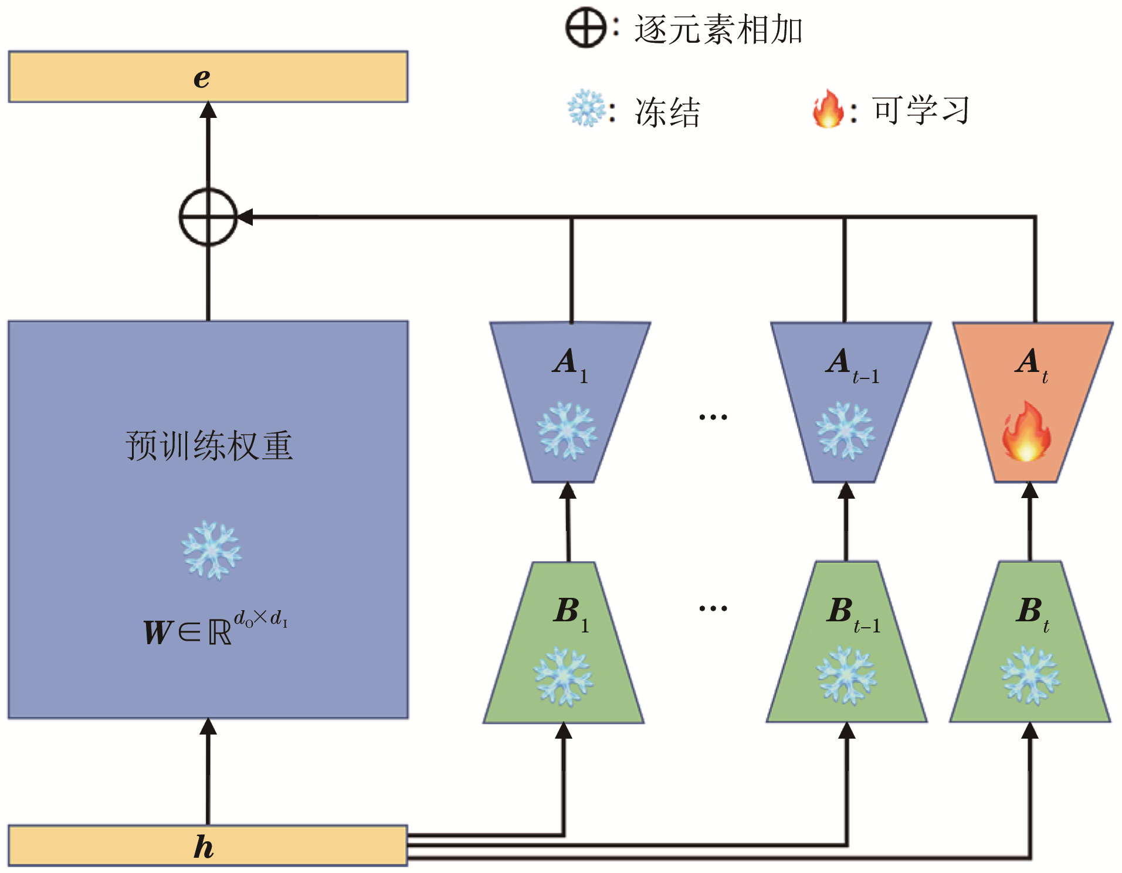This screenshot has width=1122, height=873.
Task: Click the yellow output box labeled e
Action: pos(208,77)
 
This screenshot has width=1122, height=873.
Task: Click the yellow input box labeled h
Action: pos(208,845)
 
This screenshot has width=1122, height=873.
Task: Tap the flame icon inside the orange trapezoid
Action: pos(1026,431)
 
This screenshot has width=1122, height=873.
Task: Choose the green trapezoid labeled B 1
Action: pos(564,645)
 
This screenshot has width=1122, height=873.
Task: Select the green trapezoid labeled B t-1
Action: pos(846,645)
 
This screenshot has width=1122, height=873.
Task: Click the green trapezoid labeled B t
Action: pos(1030,645)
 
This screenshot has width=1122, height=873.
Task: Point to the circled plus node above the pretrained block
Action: pos(208,217)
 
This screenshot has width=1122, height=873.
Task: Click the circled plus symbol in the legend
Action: pos(585,28)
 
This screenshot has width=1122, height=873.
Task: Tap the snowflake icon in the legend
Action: pos(586,109)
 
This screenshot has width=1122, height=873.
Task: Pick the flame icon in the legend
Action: pos(828,109)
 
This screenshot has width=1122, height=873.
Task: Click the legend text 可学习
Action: pos(921,110)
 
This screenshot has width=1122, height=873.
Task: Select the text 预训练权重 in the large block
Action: pos(209,446)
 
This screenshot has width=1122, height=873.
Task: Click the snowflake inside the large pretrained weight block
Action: pos(211,550)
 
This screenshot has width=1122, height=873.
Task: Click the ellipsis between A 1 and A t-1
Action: pos(713,417)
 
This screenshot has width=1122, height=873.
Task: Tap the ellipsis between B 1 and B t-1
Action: pos(713,608)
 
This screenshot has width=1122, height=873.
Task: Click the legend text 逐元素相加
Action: pos(718,29)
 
